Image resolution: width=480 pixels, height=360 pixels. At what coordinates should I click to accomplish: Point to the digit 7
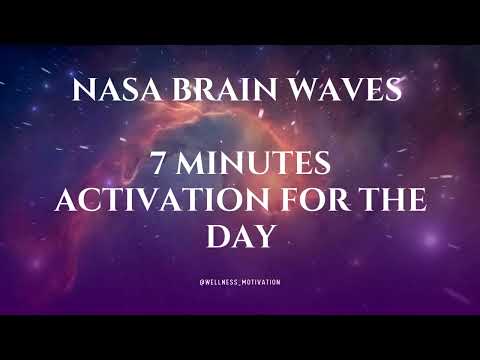[x=160, y=162]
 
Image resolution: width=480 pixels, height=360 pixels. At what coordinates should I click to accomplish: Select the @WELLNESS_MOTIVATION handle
[x=240, y=282]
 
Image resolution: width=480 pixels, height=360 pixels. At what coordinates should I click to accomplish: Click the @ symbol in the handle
[x=202, y=282]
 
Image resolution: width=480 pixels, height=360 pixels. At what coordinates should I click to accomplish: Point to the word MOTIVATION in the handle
[x=259, y=282]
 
